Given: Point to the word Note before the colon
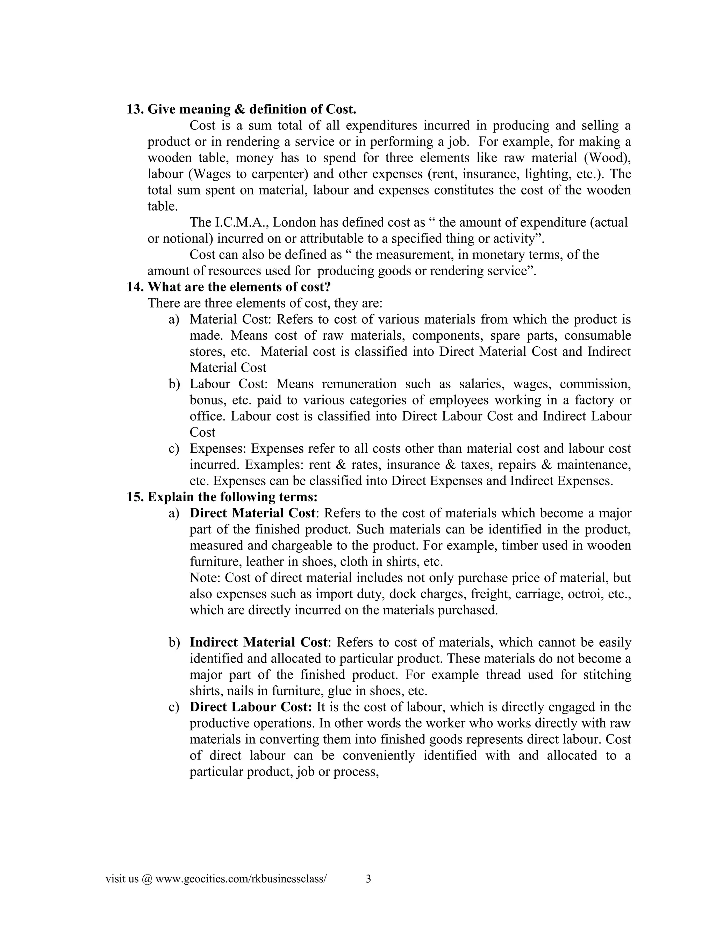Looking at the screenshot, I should [x=205, y=578].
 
